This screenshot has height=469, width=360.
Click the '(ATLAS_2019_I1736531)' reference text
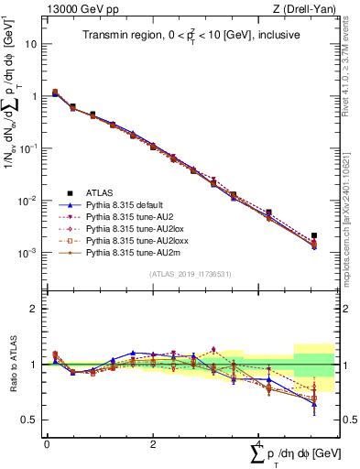click(x=189, y=274)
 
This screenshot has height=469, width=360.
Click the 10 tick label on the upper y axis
click(x=31, y=43)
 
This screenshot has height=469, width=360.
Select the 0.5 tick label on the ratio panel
click(x=29, y=420)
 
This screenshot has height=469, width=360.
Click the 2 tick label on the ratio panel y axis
click(x=34, y=309)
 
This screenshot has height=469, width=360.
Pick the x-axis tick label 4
click(x=259, y=442)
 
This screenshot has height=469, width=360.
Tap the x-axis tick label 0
click(x=47, y=442)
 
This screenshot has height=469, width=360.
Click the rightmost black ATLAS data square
click(x=314, y=236)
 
